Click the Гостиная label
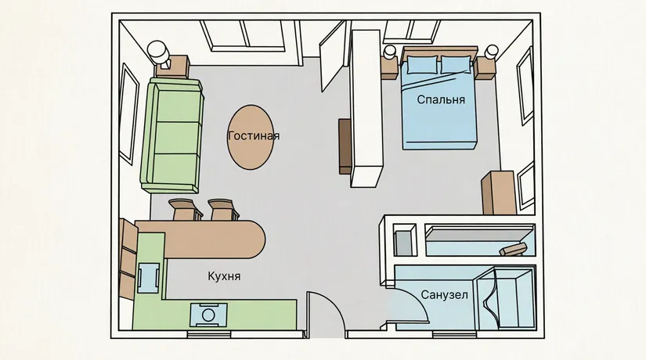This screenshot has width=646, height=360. [x=254, y=136]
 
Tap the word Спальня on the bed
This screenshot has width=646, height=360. [x=441, y=99]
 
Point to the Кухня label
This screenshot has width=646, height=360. [x=224, y=276]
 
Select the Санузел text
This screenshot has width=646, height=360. [x=444, y=295]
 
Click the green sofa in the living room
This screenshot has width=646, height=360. [x=172, y=135]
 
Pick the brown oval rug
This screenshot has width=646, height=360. [x=250, y=137]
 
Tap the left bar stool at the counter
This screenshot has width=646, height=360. [x=186, y=209]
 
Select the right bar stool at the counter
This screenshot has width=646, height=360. [x=223, y=209]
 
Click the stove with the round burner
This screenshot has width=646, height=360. [x=208, y=315]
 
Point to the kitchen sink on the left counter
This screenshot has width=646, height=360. [x=148, y=278]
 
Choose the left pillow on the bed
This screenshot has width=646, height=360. [x=422, y=66]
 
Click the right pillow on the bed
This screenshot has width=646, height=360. [x=456, y=65]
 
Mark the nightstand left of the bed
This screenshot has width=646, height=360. [x=390, y=67]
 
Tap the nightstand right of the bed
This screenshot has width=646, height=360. [x=485, y=68]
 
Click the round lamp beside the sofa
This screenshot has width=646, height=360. [x=158, y=51]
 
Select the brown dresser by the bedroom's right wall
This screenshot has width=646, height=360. [x=500, y=193]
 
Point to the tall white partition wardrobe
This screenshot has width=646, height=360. [x=366, y=109]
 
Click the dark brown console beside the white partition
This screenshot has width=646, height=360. [x=345, y=146]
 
